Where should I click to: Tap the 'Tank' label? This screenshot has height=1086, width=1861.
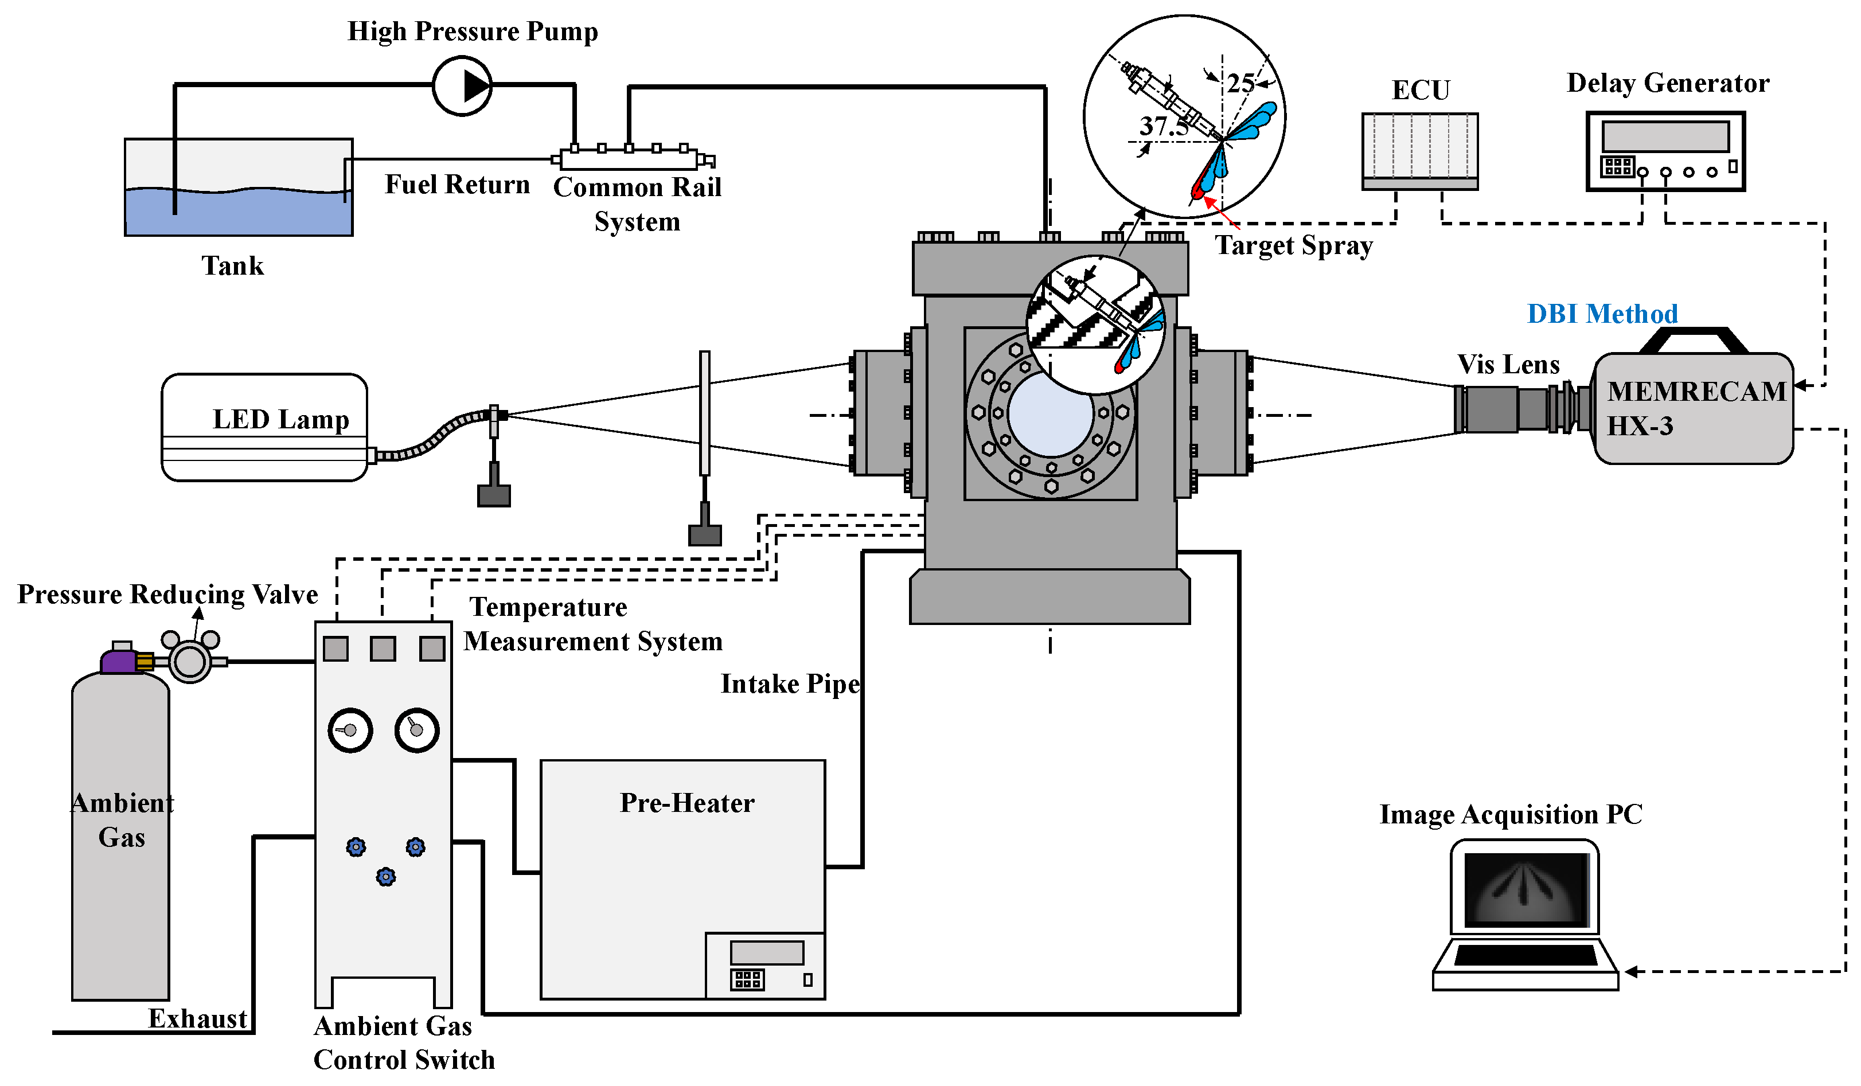click(233, 266)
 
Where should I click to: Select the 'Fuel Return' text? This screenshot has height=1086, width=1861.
click(457, 185)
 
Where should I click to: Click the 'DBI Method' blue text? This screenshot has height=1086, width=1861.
click(1602, 314)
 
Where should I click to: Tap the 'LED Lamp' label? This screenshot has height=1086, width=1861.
click(280, 419)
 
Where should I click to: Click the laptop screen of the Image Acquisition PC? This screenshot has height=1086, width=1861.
click(1526, 890)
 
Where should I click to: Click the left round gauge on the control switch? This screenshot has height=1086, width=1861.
click(350, 730)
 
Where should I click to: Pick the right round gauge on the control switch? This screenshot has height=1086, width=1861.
click(416, 730)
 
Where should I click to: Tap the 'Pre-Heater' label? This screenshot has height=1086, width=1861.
click(687, 803)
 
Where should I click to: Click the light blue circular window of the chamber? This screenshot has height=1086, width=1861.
click(1050, 414)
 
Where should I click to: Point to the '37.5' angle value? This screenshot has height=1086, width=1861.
click(1163, 126)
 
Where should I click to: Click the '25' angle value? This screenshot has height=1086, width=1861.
click(1240, 83)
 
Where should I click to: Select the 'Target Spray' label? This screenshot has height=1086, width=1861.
click(1294, 245)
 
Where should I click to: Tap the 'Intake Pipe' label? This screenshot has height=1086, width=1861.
click(790, 683)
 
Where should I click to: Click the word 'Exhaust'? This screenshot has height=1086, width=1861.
click(197, 1019)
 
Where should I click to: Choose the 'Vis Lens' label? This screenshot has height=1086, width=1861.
click(1508, 365)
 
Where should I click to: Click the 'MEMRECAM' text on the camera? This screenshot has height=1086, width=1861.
click(1696, 391)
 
